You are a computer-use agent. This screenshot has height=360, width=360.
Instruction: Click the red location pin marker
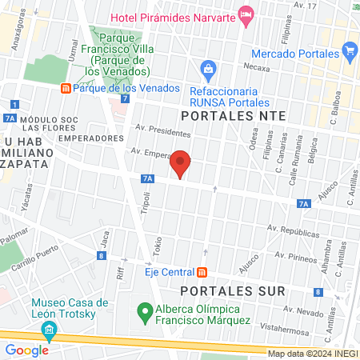click(x=181, y=164)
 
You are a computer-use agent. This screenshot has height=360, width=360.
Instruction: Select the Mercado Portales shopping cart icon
click(x=349, y=52)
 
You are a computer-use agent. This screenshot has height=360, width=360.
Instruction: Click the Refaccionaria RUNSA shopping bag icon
click(x=208, y=69)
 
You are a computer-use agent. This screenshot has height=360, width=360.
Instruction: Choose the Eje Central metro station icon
click(x=202, y=271)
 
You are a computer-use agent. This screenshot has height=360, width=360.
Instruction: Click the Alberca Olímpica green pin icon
click(x=145, y=310)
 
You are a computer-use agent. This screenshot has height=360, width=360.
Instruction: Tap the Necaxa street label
click(x=257, y=67)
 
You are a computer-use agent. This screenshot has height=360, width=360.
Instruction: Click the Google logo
click(x=27, y=350)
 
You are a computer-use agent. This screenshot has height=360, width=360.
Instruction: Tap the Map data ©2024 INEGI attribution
click(x=312, y=354)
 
